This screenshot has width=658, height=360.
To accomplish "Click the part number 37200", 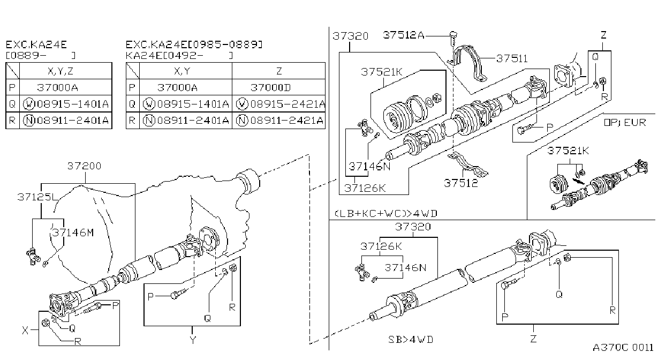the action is [x=84, y=166].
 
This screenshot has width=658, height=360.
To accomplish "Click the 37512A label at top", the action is [x=404, y=35].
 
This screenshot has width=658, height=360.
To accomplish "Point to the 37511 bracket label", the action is [x=512, y=59].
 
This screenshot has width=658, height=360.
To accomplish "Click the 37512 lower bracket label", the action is [x=461, y=183].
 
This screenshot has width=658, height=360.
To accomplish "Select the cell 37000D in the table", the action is [x=270, y=87].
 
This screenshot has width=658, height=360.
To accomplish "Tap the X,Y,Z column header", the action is [x=60, y=71].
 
